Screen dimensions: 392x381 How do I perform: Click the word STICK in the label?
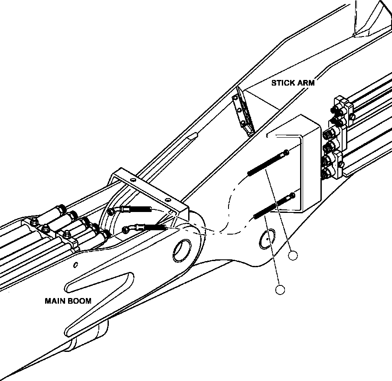click(x=282, y=83)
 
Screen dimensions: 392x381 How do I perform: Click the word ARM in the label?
click(x=305, y=83)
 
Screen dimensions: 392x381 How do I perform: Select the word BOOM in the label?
click(x=79, y=301)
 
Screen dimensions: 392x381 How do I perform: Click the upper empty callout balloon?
click(x=293, y=256)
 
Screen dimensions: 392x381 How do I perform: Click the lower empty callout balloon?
click(x=280, y=290)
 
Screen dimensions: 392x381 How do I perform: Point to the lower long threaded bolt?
click(x=274, y=207)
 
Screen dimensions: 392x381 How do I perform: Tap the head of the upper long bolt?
click(x=286, y=152)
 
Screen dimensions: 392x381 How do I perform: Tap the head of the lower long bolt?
click(x=292, y=195)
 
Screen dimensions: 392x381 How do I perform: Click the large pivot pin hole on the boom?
click(x=182, y=251)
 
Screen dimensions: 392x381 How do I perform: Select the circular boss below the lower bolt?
click(x=267, y=239)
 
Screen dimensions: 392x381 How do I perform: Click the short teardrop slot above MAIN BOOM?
click(x=99, y=282)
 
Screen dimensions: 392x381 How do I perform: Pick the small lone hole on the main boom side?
click(x=76, y=265)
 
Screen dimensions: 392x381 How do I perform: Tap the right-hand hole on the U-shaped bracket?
click(x=168, y=200)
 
